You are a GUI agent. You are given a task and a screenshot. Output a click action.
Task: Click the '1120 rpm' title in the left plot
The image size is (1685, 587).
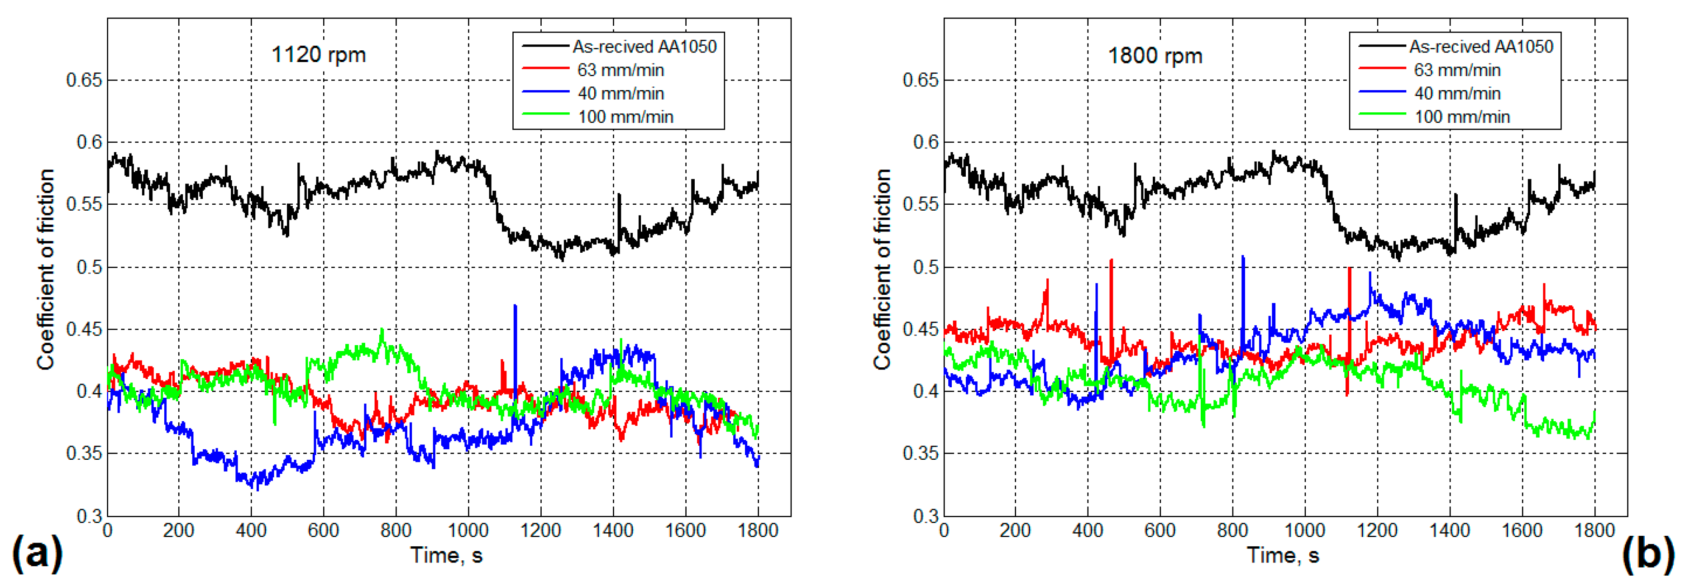point(319,54)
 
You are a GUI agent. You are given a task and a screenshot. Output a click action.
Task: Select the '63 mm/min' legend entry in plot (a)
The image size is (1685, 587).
point(620,70)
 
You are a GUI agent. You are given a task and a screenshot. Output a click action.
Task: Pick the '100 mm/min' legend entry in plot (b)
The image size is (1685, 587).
point(1462,117)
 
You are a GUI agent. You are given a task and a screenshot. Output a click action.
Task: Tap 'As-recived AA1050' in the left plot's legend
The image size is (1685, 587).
point(644,47)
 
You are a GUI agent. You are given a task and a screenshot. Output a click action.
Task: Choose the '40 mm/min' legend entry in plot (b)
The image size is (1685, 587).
point(1457,94)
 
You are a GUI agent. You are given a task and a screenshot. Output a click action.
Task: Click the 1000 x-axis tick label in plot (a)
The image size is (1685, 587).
point(468,530)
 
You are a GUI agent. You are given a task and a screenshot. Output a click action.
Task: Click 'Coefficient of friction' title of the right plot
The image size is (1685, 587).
point(883,269)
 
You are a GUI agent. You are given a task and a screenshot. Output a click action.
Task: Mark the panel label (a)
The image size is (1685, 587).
point(37,553)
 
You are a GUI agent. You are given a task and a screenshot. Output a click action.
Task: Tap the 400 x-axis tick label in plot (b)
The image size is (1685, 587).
point(1088,530)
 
